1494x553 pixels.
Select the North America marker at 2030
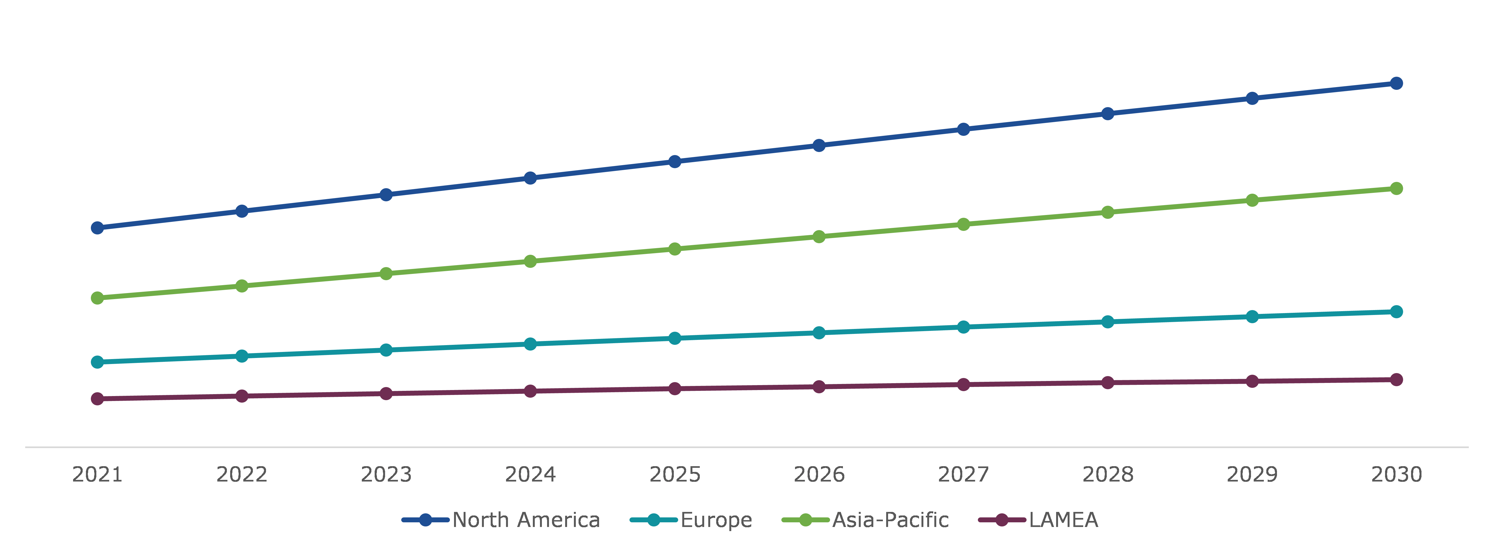1397,84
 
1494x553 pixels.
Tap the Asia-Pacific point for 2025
675,249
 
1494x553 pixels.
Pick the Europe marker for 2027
963,327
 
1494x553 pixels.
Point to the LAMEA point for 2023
386,393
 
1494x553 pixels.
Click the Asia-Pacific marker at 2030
1397,189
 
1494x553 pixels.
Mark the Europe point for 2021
97,362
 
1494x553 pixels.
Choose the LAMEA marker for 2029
1252,381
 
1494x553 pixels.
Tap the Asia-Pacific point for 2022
242,286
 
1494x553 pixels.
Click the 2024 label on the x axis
530,475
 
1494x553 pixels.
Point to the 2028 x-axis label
1108,475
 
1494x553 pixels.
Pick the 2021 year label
97,475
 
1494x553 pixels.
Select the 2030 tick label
1397,475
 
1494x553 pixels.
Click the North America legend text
526,520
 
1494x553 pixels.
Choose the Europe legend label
716,520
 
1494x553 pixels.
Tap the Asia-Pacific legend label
890,520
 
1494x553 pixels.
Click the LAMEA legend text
1063,520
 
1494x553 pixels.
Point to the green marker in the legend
806,520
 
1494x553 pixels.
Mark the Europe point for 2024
530,344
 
